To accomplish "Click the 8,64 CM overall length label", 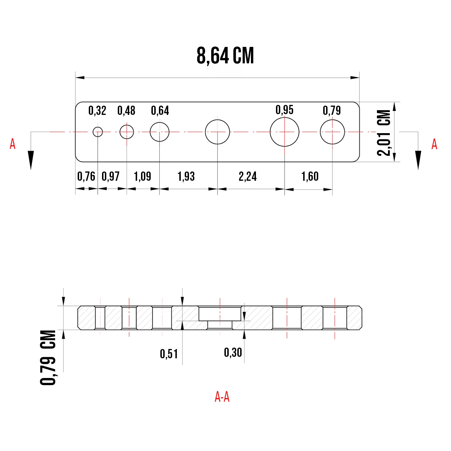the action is [x=225, y=56].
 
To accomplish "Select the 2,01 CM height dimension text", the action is [x=384, y=133].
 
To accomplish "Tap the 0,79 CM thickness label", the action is [x=48, y=358].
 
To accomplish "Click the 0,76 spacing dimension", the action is [x=86, y=176].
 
